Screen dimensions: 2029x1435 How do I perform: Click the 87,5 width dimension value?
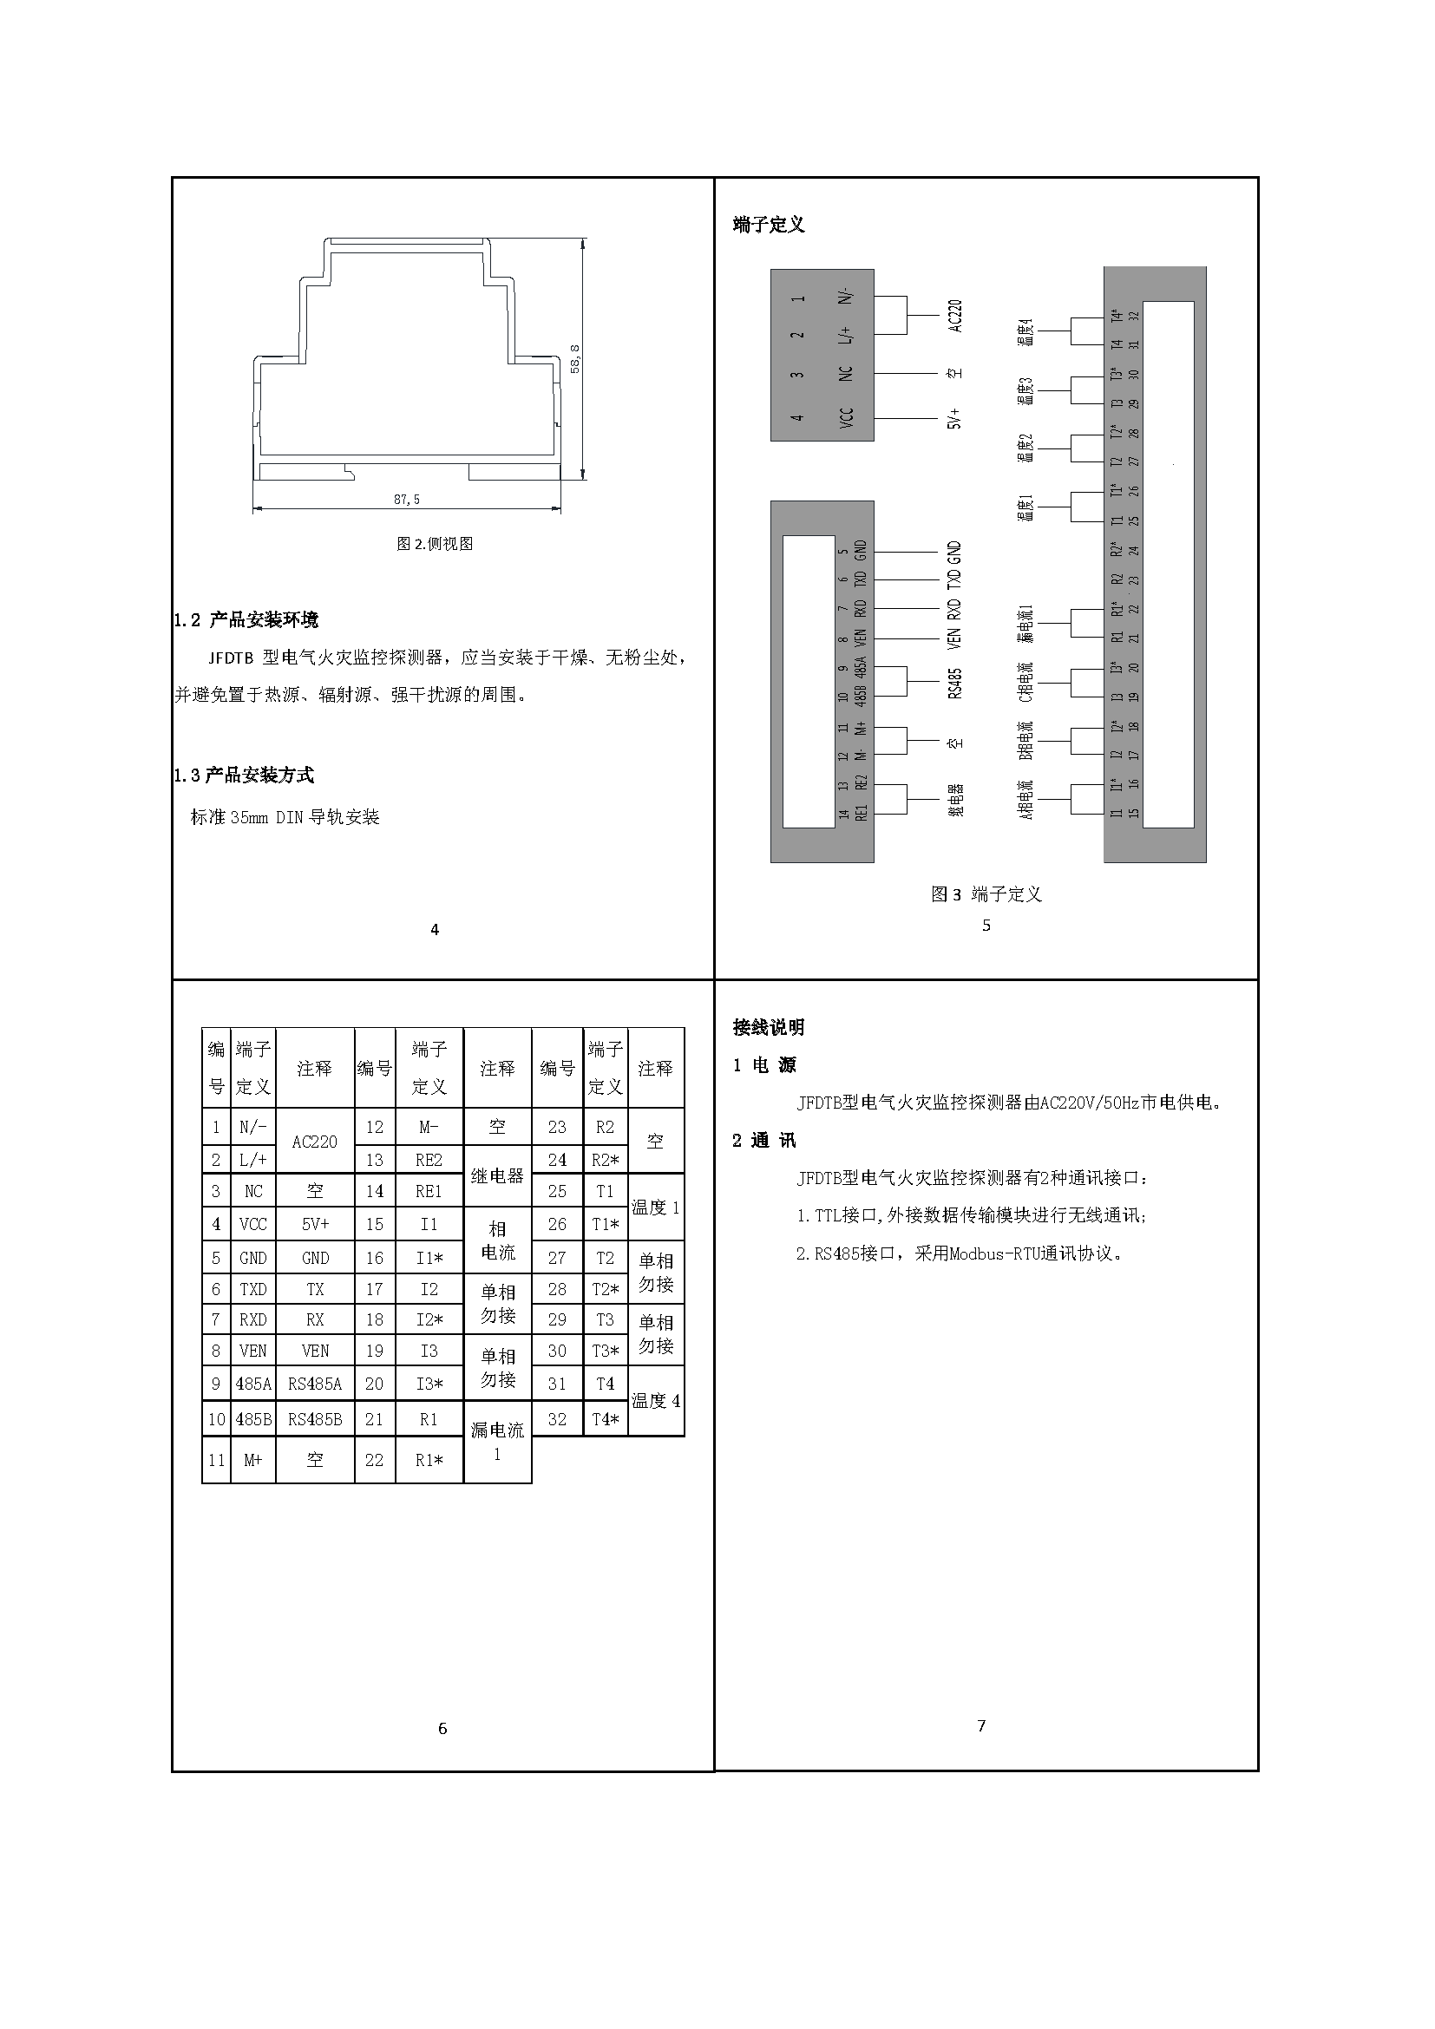click(x=406, y=500)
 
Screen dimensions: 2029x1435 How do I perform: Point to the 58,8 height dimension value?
click(x=575, y=358)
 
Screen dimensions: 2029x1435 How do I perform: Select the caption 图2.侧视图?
click(x=434, y=544)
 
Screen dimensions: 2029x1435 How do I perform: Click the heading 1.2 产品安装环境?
click(x=246, y=619)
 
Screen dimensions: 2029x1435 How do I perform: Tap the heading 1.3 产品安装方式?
click(x=243, y=775)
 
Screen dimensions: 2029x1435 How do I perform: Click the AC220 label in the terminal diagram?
click(x=954, y=316)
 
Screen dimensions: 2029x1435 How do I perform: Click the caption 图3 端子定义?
click(x=986, y=894)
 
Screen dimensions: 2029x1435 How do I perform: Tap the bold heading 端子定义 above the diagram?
click(x=768, y=225)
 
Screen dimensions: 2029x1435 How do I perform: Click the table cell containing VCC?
click(x=252, y=1224)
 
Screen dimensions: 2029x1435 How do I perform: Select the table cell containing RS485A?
click(x=315, y=1384)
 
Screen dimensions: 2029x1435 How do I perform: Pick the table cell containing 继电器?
click(x=496, y=1175)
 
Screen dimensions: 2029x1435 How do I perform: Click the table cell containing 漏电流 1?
click(x=496, y=1441)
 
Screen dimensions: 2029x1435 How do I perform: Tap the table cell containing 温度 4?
click(x=655, y=1401)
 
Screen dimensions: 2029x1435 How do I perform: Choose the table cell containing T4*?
click(x=606, y=1419)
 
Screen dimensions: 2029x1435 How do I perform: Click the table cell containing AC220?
click(x=315, y=1141)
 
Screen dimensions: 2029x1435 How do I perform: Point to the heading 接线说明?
click(x=768, y=1027)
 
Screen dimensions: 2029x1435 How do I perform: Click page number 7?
click(x=981, y=1725)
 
